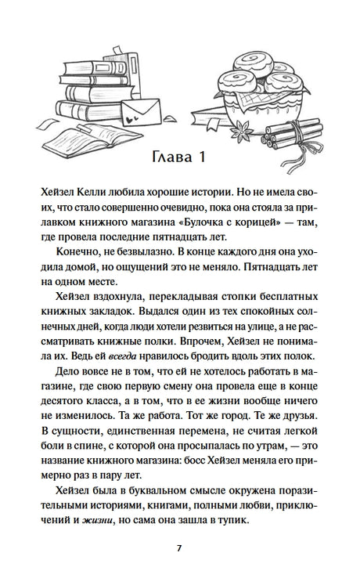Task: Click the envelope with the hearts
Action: coord(149,109)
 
